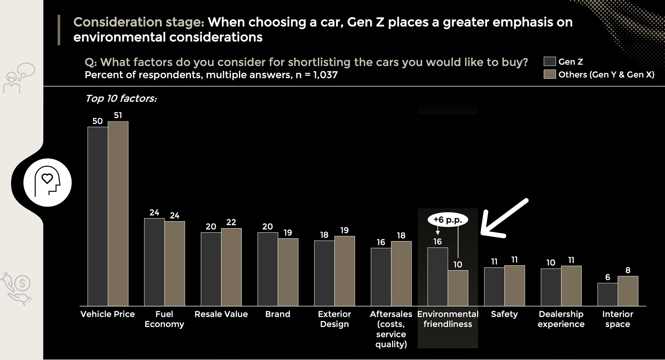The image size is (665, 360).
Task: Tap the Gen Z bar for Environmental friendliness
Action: point(438,277)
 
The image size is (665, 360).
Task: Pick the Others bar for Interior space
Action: point(628,291)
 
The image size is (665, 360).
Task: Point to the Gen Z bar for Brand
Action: point(268,269)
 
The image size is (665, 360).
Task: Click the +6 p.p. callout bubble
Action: point(448,220)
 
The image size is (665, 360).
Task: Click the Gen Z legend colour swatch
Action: point(550,61)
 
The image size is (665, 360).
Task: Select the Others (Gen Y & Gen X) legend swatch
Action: point(550,74)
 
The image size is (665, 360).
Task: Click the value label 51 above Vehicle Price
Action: point(118,115)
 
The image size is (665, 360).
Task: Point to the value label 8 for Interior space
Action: point(628,270)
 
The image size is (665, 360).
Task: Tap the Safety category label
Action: point(504,314)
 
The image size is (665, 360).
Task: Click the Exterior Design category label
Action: point(334,319)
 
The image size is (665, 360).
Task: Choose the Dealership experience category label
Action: point(561,319)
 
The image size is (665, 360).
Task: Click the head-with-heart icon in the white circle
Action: point(47,182)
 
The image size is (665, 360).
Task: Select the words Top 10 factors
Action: point(121,98)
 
